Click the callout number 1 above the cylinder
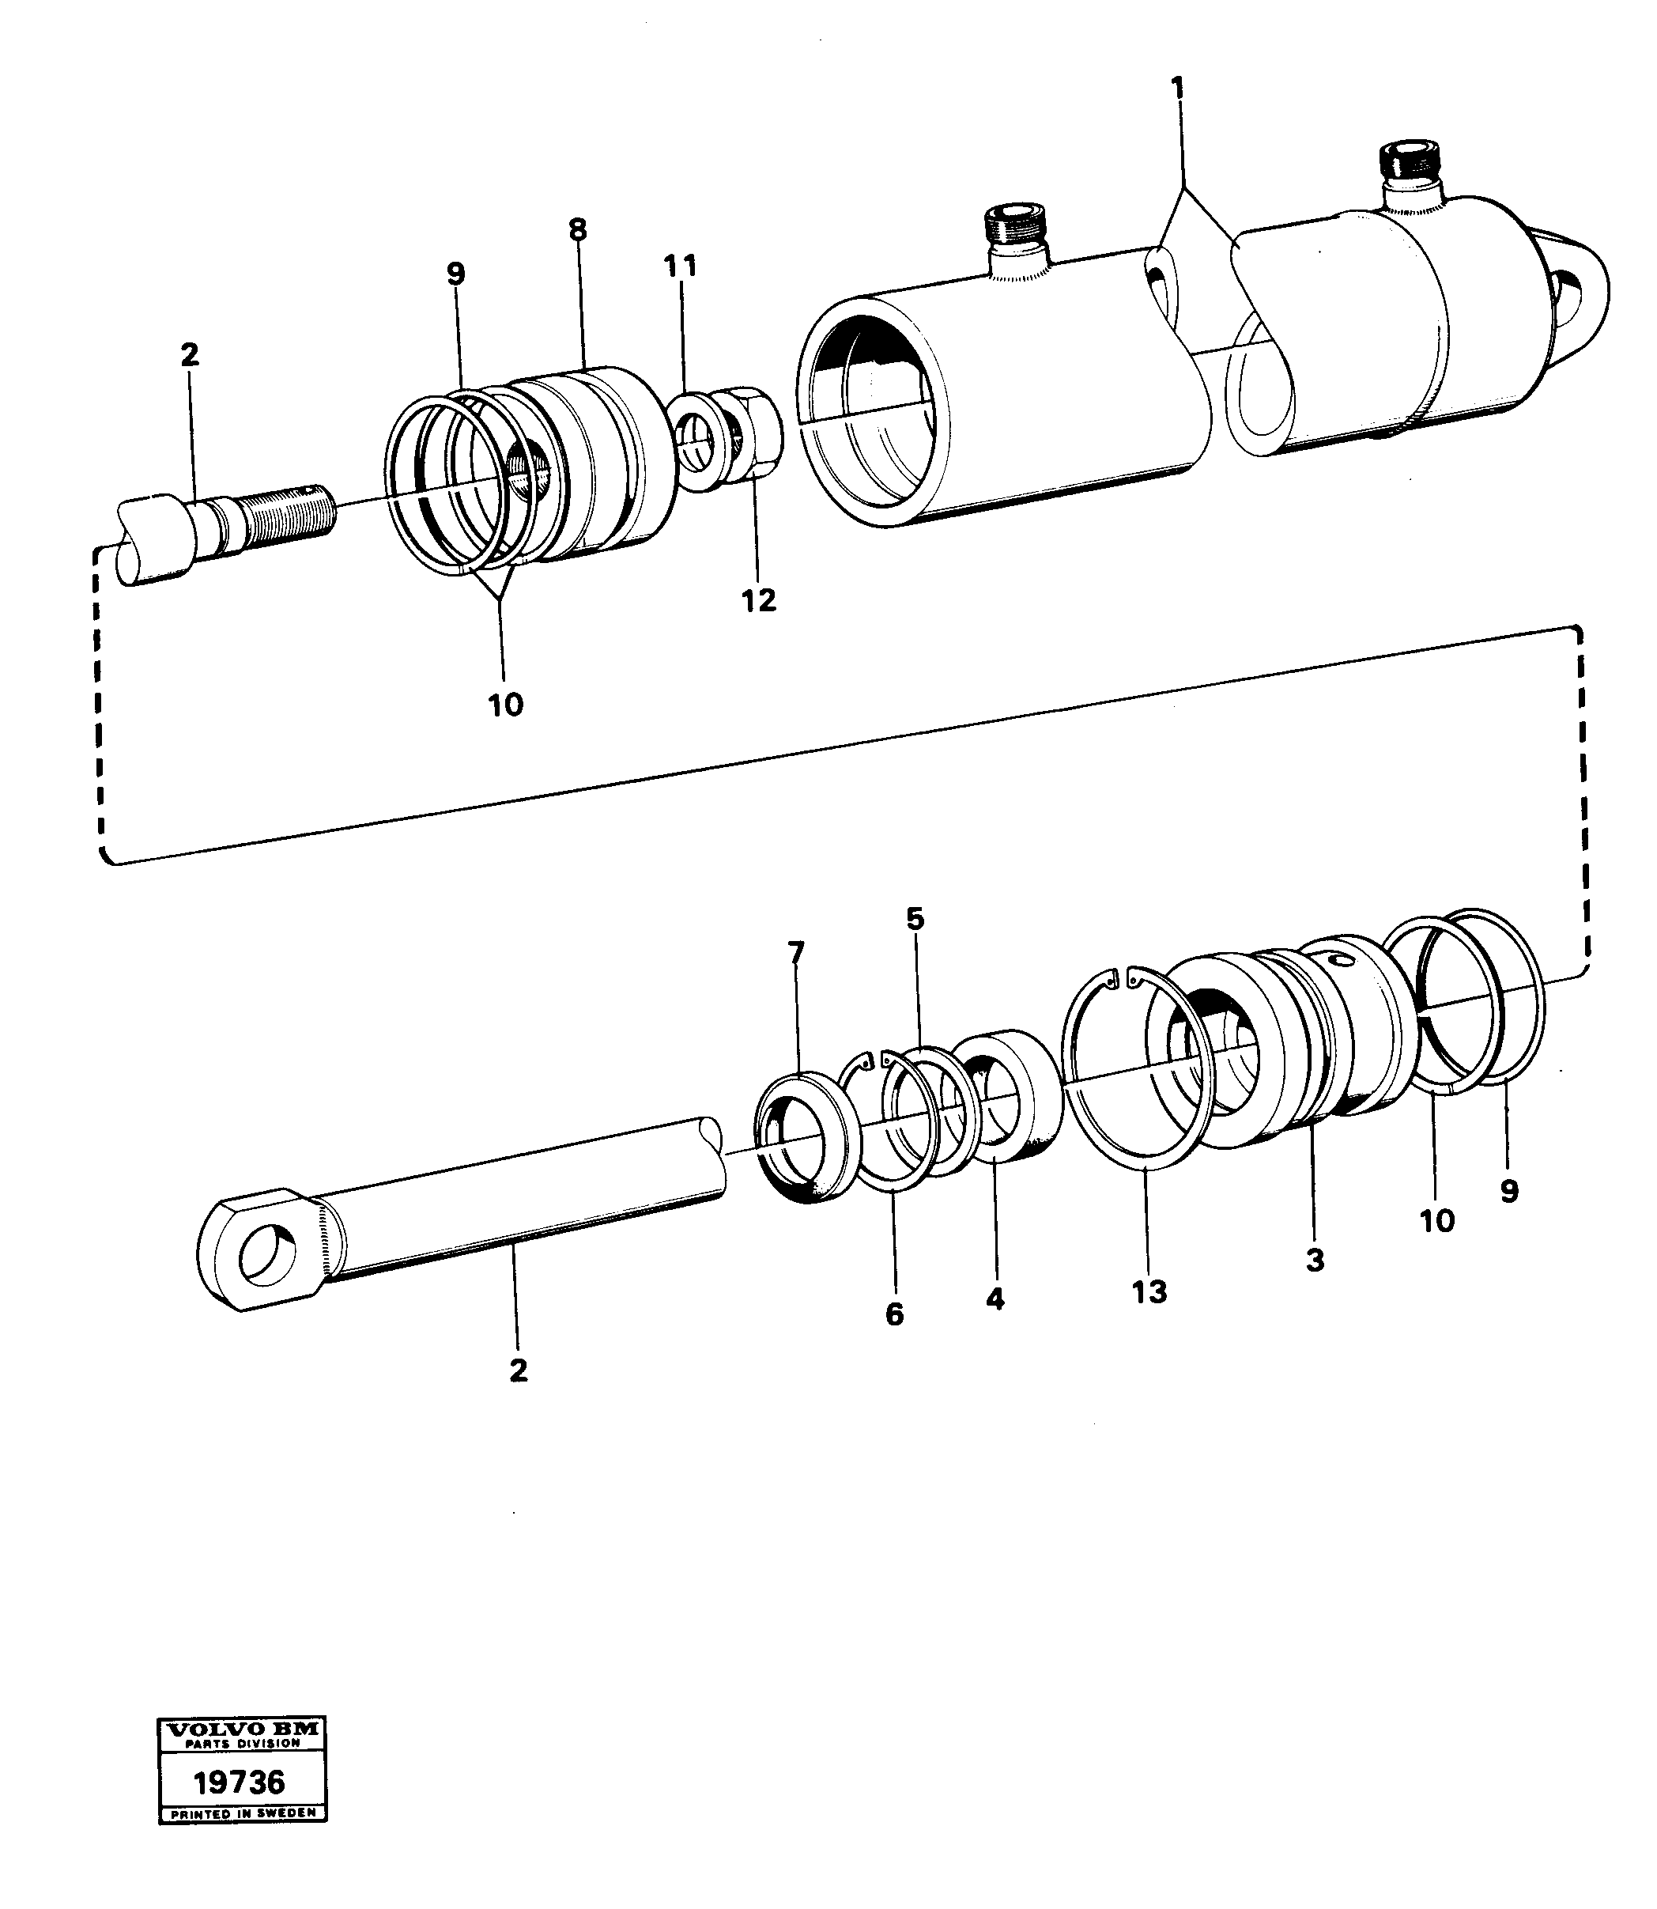1177,89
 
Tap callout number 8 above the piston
578,229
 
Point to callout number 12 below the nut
758,600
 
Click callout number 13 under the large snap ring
1149,1291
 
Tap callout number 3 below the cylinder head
1314,1260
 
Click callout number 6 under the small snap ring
894,1314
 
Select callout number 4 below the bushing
994,1299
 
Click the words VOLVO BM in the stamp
242,1728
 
